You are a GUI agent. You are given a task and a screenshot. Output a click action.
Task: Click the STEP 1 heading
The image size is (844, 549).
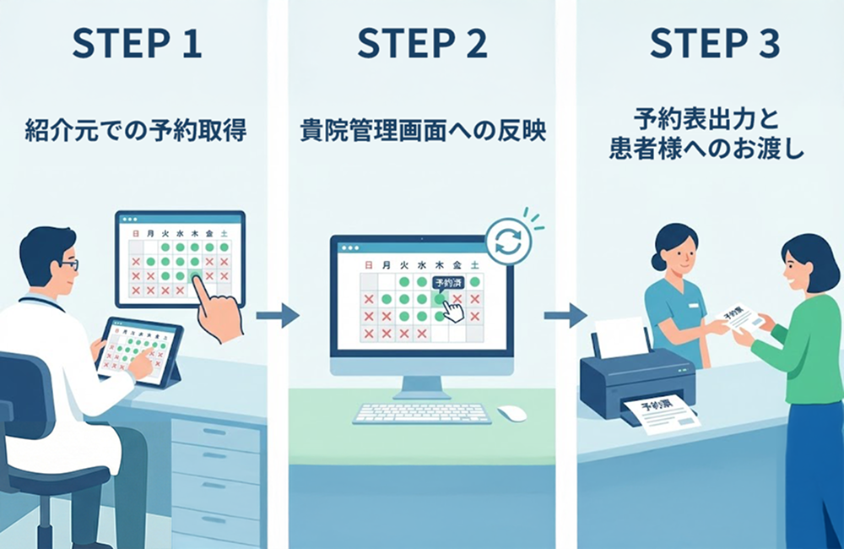[137, 45]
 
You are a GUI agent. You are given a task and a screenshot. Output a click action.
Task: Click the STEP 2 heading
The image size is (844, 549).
[422, 45]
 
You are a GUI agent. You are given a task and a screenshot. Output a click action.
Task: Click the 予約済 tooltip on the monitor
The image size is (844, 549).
[448, 285]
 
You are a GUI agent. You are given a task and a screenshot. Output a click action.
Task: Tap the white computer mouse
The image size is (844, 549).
[511, 413]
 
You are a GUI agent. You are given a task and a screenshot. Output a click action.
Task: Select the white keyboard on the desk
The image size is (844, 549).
[422, 413]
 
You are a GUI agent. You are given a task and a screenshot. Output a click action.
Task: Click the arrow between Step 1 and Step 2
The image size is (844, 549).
[278, 316]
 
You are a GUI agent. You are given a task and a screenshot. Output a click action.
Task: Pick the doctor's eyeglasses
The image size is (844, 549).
[69, 264]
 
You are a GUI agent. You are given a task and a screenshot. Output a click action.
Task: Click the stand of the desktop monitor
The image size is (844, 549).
[422, 387]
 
